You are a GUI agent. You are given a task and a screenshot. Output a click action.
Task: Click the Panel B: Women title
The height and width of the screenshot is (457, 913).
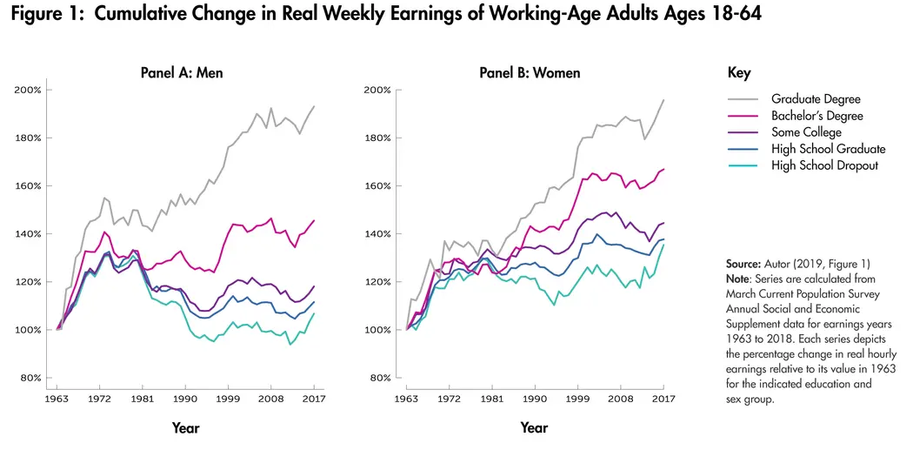point(530,72)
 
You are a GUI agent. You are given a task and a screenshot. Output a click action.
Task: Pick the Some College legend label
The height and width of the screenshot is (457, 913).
point(806,132)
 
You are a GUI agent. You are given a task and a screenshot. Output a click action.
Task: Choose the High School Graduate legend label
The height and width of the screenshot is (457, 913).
point(828,149)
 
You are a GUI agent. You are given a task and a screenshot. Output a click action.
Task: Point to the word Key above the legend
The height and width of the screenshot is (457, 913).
point(739,73)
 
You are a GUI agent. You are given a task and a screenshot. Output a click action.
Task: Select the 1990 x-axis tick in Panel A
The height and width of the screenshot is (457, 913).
point(183,397)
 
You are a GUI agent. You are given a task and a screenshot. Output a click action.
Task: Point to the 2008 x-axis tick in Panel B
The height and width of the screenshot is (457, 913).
point(620,397)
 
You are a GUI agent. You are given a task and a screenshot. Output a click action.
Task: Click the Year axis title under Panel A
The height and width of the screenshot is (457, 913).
point(185,427)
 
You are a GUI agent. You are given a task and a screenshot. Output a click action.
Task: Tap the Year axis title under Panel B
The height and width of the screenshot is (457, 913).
point(534,427)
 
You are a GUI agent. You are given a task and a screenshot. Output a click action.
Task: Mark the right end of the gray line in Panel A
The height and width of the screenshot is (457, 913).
point(314,106)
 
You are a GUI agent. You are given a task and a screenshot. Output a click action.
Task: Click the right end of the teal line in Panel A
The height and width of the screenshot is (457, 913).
point(314,313)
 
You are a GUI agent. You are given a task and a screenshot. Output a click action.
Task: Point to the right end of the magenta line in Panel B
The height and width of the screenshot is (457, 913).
point(663,169)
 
